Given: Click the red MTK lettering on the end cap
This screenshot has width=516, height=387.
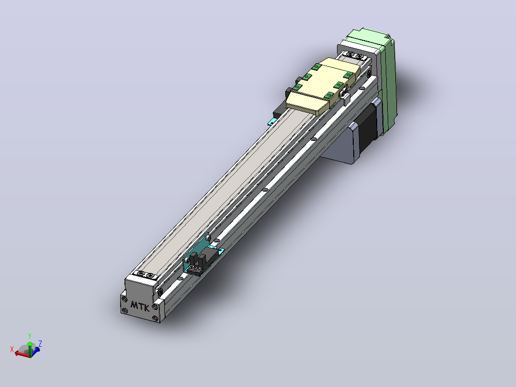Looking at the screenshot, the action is coord(140,307).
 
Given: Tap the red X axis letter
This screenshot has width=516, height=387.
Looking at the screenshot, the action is coord(12,349).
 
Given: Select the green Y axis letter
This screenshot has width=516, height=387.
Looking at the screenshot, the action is coord(30,336).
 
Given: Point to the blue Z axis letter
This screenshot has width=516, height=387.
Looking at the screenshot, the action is coord(40,344).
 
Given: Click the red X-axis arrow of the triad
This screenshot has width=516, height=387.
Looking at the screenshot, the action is coord(22,354).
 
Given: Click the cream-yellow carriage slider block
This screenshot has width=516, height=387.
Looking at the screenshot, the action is coord(320,87).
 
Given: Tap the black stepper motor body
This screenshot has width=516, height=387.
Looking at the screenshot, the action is coord(368,130).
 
